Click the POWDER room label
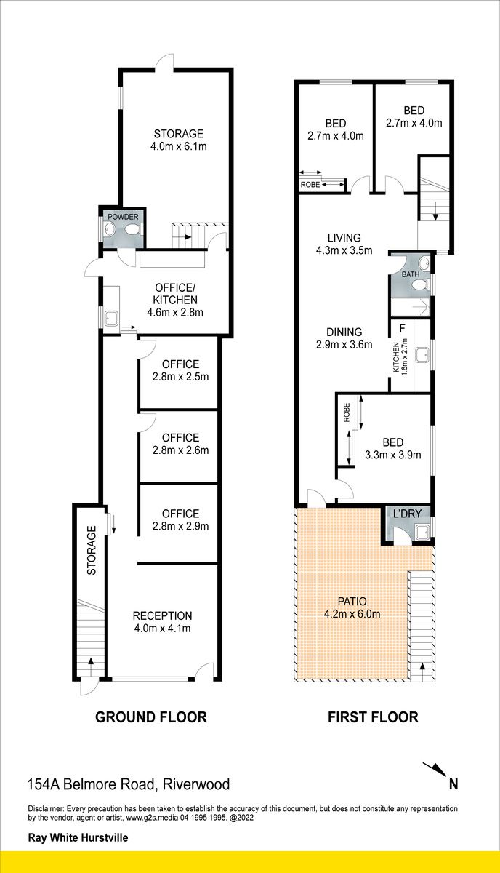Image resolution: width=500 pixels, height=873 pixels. pyautogui.click(x=123, y=217)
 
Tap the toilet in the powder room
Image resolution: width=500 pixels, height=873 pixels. pyautogui.click(x=132, y=230)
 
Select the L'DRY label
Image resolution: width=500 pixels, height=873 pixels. pyautogui.click(x=407, y=514)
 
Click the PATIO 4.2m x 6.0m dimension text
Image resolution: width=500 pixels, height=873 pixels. pyautogui.click(x=352, y=614)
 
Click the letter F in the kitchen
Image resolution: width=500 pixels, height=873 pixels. pyautogui.click(x=403, y=328)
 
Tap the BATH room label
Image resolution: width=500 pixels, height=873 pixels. pyautogui.click(x=411, y=274)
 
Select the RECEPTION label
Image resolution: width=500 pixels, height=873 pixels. pyautogui.click(x=162, y=615)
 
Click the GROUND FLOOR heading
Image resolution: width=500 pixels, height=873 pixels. pyautogui.click(x=151, y=717)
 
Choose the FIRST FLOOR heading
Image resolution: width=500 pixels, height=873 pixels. pyautogui.click(x=373, y=717)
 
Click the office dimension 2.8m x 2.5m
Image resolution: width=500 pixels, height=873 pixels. pyautogui.click(x=181, y=377)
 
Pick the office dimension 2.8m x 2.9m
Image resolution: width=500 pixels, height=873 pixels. pyautogui.click(x=181, y=526)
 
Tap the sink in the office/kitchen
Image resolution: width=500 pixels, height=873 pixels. pyautogui.click(x=111, y=319)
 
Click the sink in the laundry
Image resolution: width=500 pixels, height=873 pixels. pyautogui.click(x=422, y=532)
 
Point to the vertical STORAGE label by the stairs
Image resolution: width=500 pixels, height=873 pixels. pyautogui.click(x=92, y=550)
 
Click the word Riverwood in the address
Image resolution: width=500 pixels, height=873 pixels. pyautogui.click(x=196, y=784)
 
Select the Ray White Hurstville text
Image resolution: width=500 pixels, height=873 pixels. pyautogui.click(x=78, y=837)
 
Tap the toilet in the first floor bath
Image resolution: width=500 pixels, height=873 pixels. pyautogui.click(x=421, y=287)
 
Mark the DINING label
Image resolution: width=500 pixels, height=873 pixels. pyautogui.click(x=344, y=332)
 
